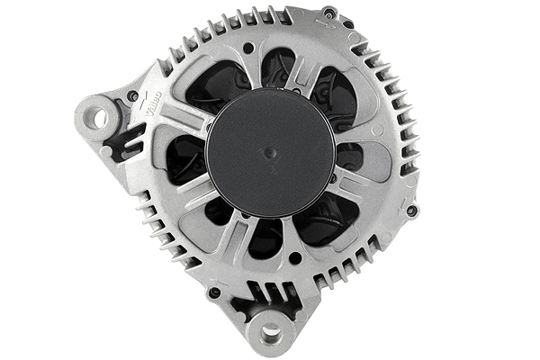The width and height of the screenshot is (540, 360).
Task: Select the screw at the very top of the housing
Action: point(329,13)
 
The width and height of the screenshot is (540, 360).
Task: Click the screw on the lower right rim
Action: point(411,211)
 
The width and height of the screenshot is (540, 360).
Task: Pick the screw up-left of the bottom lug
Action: point(214,292)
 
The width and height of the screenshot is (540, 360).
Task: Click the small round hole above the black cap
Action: point(248,48)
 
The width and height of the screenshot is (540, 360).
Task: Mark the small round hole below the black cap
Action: point(295,258)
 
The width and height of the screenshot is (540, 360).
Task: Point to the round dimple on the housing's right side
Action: point(377,131)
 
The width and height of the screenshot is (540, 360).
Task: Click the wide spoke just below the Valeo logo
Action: point(171,121)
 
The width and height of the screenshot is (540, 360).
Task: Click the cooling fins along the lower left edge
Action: point(162,229)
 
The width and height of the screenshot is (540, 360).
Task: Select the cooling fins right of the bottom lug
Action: point(351,270)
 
